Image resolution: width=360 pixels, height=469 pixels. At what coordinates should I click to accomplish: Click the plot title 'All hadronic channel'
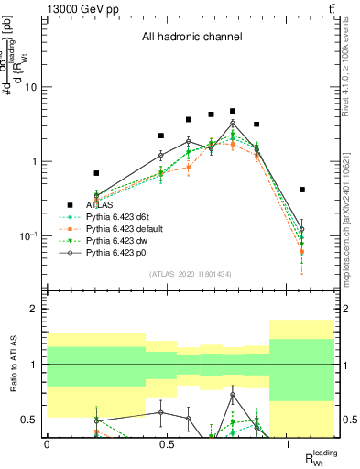coord(191,38)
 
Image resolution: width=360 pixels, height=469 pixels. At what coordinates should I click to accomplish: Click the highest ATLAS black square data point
coord(233,111)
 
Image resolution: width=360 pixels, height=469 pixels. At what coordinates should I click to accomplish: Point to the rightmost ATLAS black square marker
coord(301,190)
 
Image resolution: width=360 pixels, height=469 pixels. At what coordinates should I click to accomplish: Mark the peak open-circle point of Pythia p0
coord(233,123)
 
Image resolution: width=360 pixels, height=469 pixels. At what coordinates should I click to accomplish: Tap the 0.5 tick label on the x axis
coord(167,442)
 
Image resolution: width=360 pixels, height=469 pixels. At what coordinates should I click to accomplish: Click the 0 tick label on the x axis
coord(47,442)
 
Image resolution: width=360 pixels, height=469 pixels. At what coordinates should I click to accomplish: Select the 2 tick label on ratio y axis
coord(35,309)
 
